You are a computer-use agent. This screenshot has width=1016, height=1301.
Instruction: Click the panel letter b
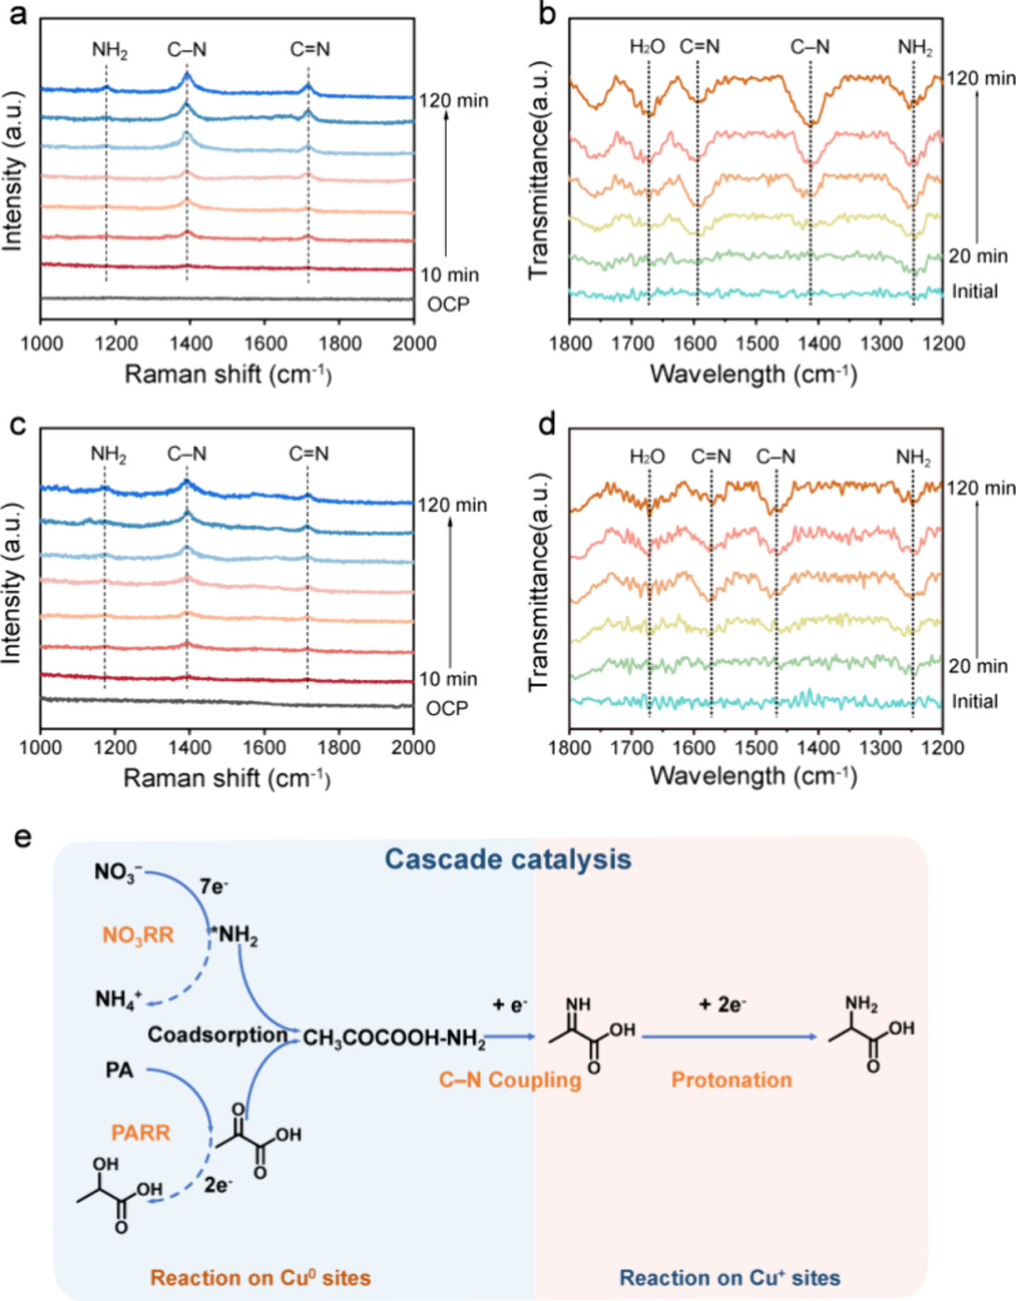tap(547, 15)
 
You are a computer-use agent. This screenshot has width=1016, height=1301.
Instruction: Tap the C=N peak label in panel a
tap(310, 49)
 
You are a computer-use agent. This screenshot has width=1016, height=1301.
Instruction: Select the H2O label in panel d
tap(647, 457)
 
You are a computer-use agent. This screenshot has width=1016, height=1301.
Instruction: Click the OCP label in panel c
tap(447, 707)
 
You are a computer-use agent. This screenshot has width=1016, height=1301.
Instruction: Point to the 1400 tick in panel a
tap(190, 343)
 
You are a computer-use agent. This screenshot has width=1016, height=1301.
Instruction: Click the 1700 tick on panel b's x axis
tap(631, 343)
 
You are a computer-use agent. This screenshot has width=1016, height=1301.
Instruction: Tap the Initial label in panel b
tap(975, 292)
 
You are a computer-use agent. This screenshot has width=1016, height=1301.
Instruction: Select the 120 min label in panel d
tap(980, 488)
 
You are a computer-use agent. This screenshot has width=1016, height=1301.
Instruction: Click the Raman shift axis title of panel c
tap(227, 778)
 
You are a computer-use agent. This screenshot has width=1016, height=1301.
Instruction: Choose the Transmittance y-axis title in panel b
tap(538, 169)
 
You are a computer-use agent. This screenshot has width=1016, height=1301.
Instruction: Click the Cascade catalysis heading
tap(508, 859)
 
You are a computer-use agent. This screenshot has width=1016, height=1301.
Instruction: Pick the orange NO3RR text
tap(138, 935)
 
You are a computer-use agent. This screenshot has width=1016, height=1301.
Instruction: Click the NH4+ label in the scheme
tap(119, 998)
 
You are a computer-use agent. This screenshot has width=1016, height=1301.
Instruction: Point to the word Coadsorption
tap(217, 1035)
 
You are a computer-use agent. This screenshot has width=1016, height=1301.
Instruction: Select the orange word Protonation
tap(731, 1080)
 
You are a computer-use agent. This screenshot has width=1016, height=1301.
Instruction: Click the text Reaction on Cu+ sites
tap(729, 1277)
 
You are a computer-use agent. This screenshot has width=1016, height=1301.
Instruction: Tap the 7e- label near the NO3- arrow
tap(214, 886)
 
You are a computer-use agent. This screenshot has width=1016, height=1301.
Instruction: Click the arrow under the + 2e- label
tap(729, 1037)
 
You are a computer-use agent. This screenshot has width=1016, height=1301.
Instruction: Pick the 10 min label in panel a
tap(449, 275)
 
